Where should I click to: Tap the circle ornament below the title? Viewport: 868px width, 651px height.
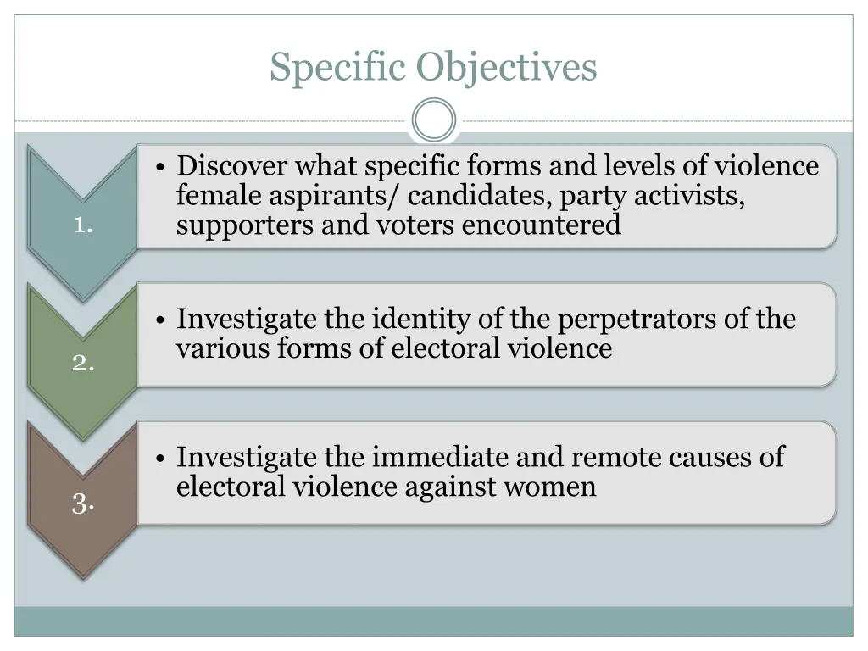point(434,120)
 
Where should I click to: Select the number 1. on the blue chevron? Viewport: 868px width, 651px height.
point(82,225)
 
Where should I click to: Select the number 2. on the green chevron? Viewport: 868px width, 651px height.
point(82,363)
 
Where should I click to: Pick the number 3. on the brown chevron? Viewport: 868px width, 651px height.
point(82,504)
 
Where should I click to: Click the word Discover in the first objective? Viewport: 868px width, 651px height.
point(232,165)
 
